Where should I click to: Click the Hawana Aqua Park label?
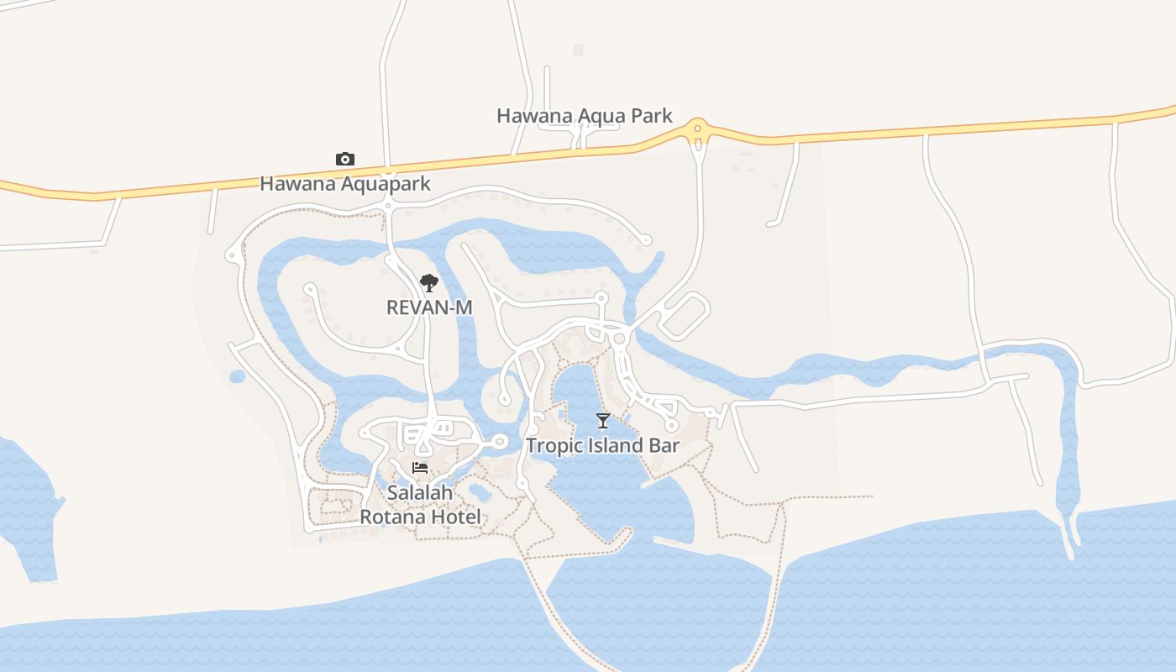click(x=585, y=116)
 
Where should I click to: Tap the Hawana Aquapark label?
click(x=344, y=183)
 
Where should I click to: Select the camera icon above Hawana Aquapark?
click(x=344, y=159)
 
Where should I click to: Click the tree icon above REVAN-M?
click(x=429, y=282)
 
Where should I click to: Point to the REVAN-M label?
click(x=429, y=307)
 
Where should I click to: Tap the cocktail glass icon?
click(x=602, y=420)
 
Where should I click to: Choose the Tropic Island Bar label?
click(x=602, y=445)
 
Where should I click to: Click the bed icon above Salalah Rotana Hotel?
click(x=420, y=468)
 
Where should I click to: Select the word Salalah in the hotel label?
click(x=420, y=493)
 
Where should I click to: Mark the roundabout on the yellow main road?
click(x=696, y=130)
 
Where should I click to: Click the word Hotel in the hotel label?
click(x=454, y=517)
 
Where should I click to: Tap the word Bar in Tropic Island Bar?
click(x=664, y=445)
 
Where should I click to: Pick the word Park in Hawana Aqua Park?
click(x=652, y=116)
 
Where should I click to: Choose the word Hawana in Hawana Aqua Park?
click(x=528, y=116)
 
